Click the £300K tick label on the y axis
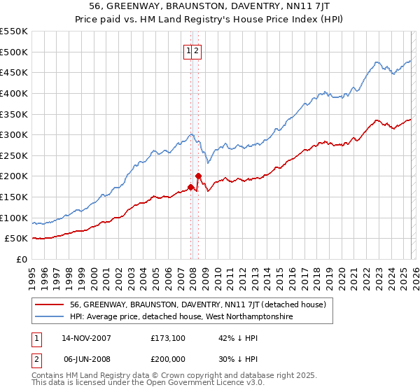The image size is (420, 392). coord(14,134)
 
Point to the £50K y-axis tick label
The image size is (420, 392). coord(17,239)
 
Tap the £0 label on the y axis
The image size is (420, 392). coord(22,260)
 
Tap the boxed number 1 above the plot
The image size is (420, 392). coord(189,50)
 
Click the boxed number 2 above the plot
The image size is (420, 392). coord(197,50)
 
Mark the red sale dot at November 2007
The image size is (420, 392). coord(190,188)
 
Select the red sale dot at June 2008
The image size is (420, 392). coord(198,176)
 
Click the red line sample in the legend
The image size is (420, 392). coord(50,304)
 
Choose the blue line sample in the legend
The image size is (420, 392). coord(50,316)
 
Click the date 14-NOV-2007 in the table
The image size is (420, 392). coord(86,338)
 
